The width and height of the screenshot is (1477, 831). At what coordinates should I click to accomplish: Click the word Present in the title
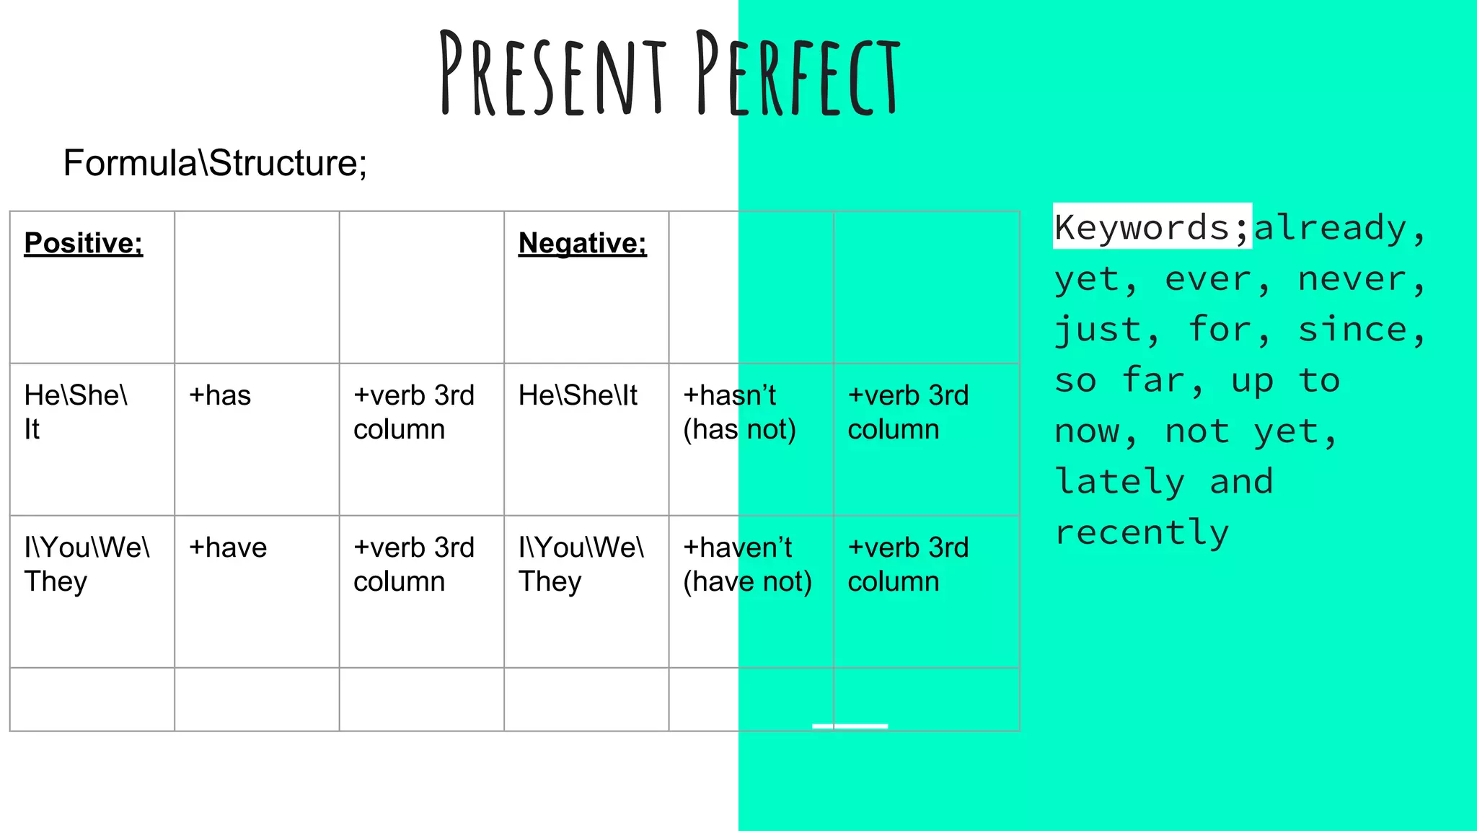552,74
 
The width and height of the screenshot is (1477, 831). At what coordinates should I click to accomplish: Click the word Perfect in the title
798,74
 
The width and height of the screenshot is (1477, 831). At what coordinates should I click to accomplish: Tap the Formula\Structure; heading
215,163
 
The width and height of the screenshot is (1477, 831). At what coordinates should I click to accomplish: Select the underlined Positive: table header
84,243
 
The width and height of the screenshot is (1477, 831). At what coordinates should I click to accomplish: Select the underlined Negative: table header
582,243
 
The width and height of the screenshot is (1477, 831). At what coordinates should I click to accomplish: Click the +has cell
220,396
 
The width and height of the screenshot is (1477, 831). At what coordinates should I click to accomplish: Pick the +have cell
228,548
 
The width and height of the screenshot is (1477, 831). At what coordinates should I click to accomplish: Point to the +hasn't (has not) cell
739,413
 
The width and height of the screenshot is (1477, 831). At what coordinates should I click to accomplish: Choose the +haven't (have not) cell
747,565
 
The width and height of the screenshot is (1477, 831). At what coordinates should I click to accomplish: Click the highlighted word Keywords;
1151,227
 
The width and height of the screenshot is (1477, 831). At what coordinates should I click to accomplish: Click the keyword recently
1142,532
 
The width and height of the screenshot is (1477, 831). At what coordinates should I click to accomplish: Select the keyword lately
1119,482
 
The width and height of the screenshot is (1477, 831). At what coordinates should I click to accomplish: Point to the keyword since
1352,330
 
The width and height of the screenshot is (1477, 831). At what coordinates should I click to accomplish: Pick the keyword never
1352,279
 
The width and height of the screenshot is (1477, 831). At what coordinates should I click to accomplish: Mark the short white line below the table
850,726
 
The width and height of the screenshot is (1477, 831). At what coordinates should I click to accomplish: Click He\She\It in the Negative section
578,396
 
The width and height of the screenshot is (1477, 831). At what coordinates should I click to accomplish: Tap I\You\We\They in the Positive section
87,565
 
